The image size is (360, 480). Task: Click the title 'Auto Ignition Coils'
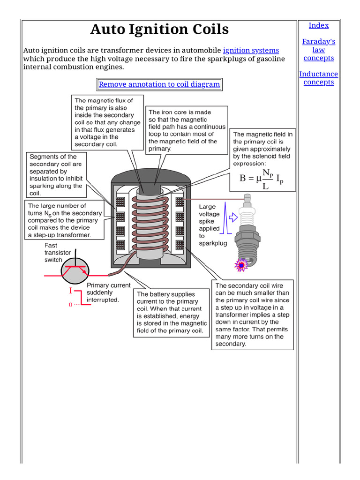point(159,30)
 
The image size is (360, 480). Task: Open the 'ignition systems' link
point(251,50)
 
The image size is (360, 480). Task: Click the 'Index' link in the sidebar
point(318,25)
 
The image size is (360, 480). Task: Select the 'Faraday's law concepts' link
point(318,50)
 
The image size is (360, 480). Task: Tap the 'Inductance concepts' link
point(318,78)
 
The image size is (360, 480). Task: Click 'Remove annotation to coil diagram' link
point(159,84)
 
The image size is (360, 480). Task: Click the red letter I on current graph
point(71,291)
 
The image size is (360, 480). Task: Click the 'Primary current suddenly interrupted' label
point(108,292)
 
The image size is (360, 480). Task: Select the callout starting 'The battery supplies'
point(171,312)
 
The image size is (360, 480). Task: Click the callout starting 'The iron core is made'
point(187,130)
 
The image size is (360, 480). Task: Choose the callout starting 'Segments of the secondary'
point(56,174)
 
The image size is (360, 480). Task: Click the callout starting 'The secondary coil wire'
point(252,315)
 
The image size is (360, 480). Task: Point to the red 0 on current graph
point(71,305)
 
